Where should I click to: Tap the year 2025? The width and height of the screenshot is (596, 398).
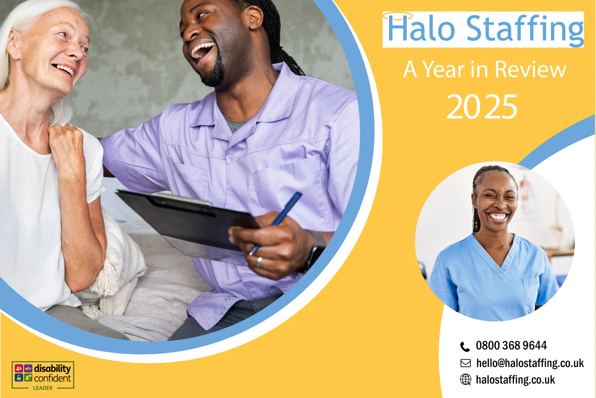pos(482,107)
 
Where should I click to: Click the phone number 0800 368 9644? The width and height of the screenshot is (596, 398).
pos(511,346)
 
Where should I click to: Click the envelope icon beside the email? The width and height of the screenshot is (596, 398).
pos(465,363)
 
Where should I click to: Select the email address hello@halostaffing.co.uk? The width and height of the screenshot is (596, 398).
pos(530,363)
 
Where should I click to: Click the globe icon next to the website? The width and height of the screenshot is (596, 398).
pos(465,380)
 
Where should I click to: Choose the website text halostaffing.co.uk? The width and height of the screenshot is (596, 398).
pos(515,380)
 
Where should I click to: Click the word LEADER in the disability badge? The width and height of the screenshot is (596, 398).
pos(43,388)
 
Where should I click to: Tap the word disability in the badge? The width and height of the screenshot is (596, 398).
pos(52,369)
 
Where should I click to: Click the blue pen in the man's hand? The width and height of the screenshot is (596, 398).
pos(276,223)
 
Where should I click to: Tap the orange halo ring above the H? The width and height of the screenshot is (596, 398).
pos(398,15)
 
